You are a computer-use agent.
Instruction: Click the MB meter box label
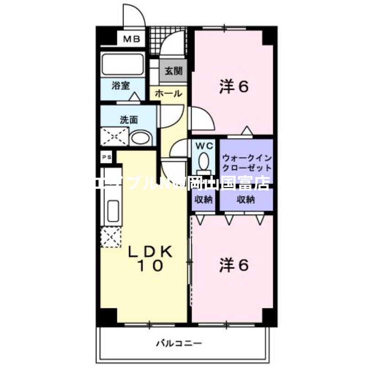(x=131, y=39)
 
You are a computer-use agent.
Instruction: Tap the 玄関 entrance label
(x=173, y=71)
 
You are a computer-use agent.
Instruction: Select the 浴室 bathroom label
(x=121, y=85)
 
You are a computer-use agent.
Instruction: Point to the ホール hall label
(x=168, y=94)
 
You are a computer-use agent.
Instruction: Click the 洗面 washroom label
(x=129, y=120)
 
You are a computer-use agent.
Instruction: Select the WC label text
(x=204, y=146)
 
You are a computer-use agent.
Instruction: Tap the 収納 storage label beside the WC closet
(x=204, y=199)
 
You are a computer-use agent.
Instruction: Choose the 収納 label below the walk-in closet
(x=246, y=199)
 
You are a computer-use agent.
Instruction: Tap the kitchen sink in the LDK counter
(x=113, y=211)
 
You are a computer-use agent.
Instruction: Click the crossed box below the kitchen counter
(x=110, y=237)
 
